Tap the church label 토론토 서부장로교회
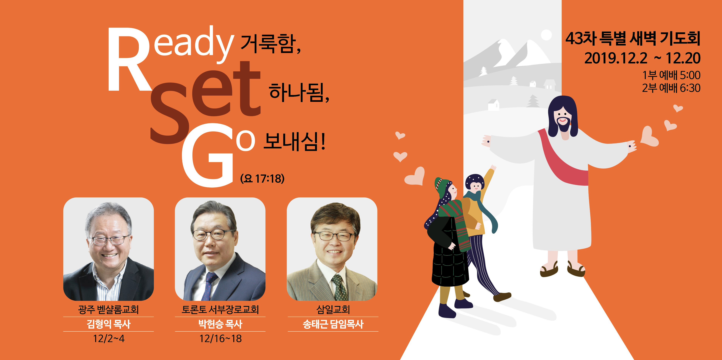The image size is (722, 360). point(220,309)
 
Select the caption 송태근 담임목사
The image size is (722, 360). point(333,324)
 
